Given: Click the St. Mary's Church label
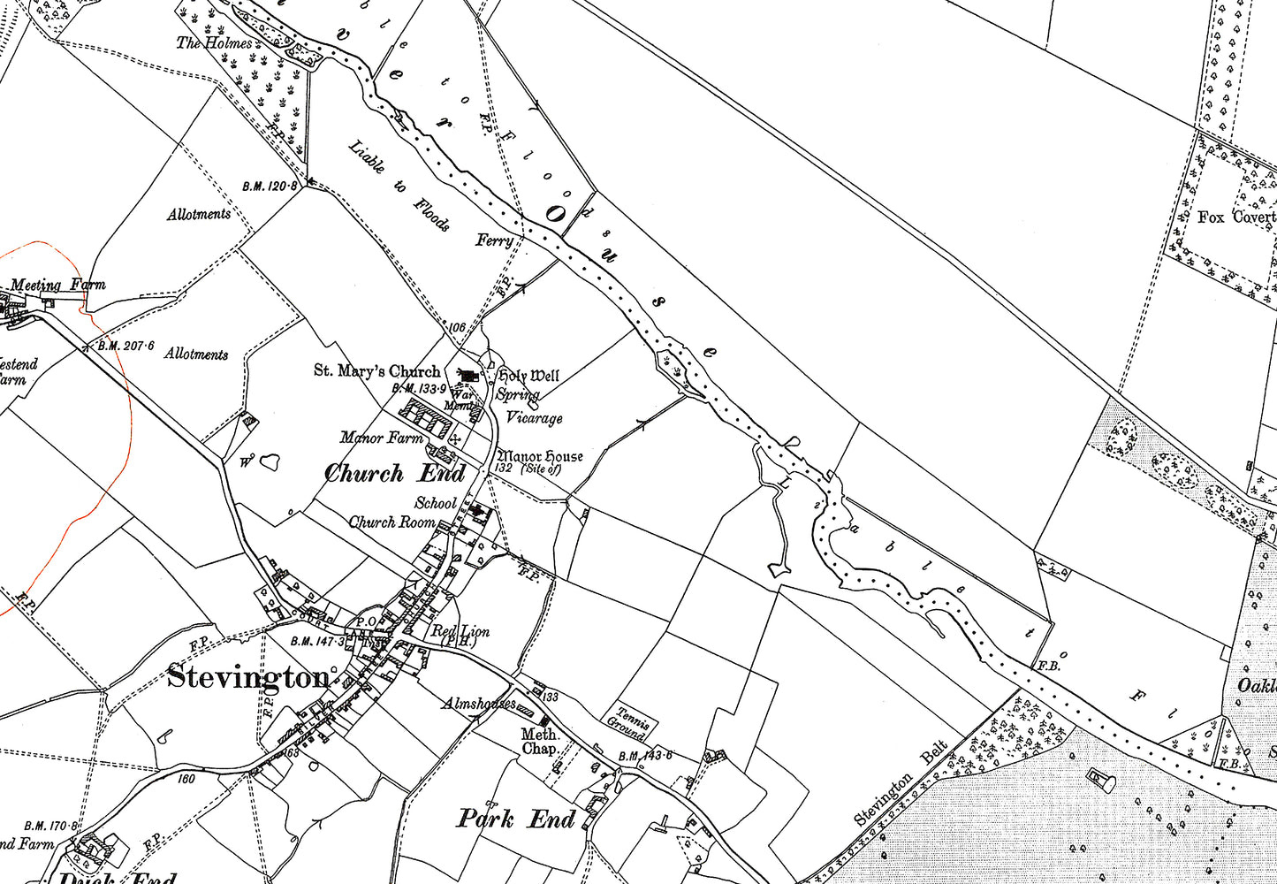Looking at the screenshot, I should pyautogui.click(x=376, y=371).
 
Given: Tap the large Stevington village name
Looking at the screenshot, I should pyautogui.click(x=248, y=678).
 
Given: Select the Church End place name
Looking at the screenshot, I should pyautogui.click(x=394, y=474).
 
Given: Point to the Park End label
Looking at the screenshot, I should pyautogui.click(x=515, y=819).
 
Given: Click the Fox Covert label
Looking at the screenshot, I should pyautogui.click(x=1236, y=217).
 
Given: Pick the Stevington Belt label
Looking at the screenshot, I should pyautogui.click(x=901, y=784).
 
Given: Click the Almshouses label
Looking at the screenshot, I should pyautogui.click(x=479, y=705).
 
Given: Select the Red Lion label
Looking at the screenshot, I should pyautogui.click(x=460, y=632).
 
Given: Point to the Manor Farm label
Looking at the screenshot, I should pyautogui.click(x=382, y=437).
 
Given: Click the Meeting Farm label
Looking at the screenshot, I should pyautogui.click(x=58, y=285).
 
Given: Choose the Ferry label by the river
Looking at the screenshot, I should pyautogui.click(x=494, y=240).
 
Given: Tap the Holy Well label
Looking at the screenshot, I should pyautogui.click(x=528, y=376).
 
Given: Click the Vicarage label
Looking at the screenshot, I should pyautogui.click(x=534, y=417).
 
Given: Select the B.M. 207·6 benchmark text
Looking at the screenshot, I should pyautogui.click(x=126, y=346).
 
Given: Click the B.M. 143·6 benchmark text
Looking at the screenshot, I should pyautogui.click(x=645, y=756).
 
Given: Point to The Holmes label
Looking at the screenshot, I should pyautogui.click(x=214, y=42).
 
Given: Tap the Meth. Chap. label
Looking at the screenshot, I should pyautogui.click(x=539, y=741).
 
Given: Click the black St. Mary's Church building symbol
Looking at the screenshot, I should pyautogui.click(x=468, y=377).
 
